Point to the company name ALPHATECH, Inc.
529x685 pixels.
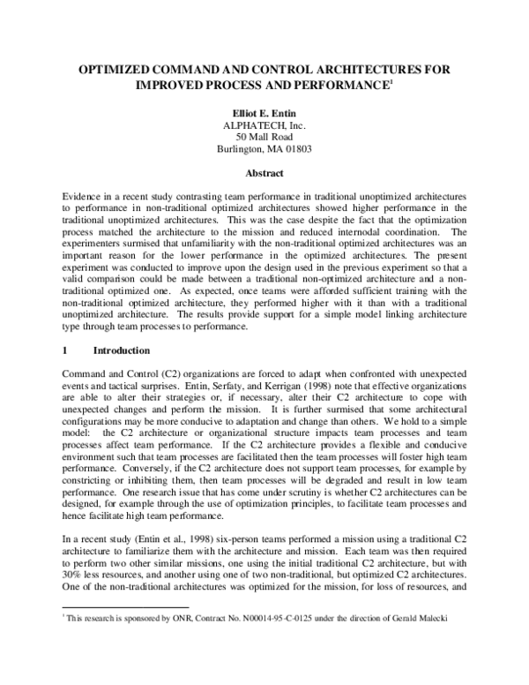[264, 125]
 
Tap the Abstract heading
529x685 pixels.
[264, 174]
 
